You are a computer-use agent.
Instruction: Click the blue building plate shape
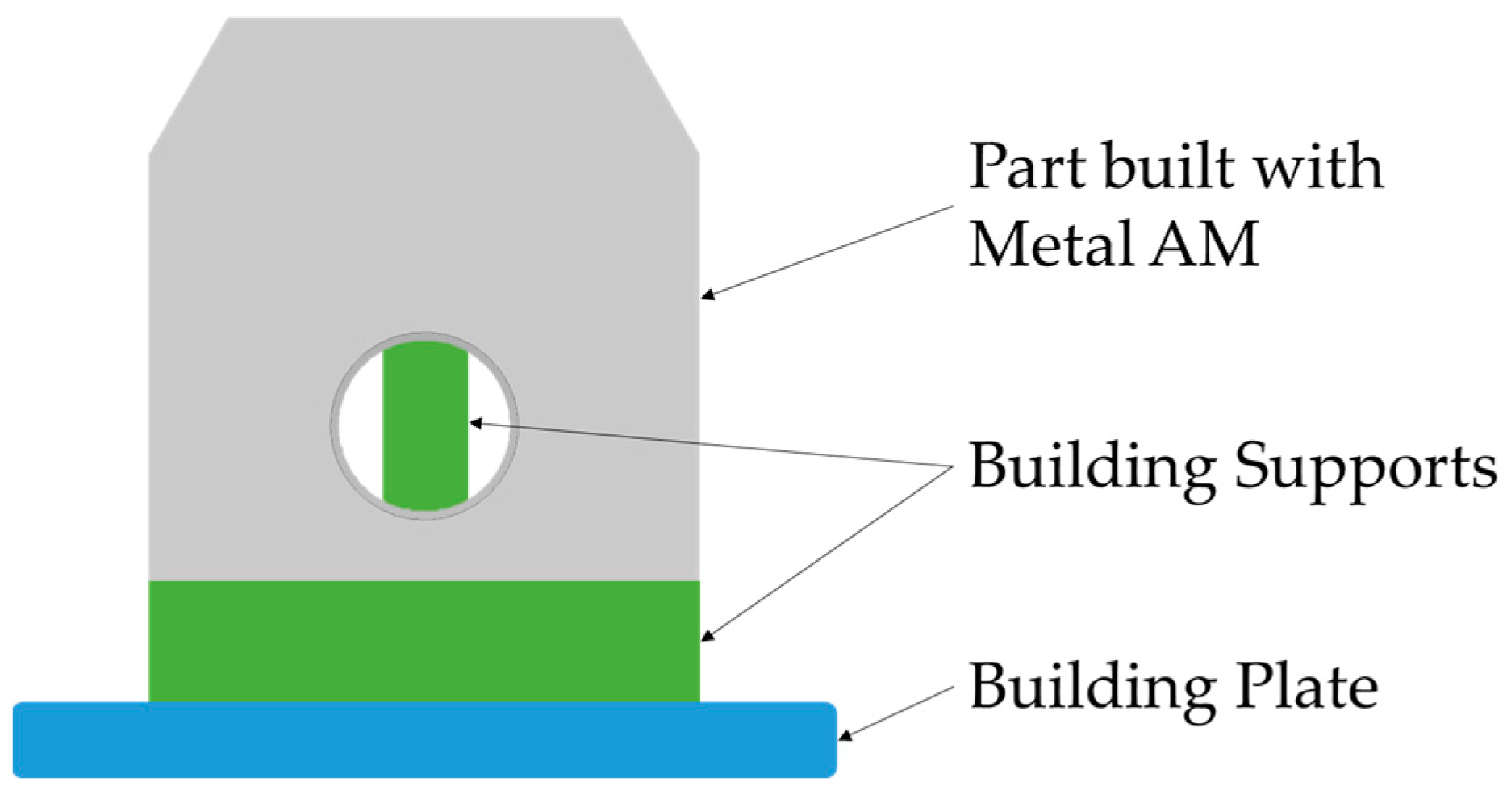point(424,740)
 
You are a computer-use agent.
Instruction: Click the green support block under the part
point(424,641)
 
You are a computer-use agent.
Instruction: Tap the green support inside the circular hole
point(425,425)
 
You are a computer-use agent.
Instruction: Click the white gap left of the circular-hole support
point(361,425)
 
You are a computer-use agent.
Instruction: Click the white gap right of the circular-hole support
point(489,425)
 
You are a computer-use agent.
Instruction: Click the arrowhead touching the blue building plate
point(845,735)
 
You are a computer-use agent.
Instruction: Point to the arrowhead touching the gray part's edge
point(708,295)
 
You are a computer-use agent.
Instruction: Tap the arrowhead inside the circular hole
point(476,422)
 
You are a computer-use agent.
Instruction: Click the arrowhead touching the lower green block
point(708,636)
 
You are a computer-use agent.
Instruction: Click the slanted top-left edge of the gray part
point(188,84)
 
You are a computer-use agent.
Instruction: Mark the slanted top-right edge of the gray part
point(659,84)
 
